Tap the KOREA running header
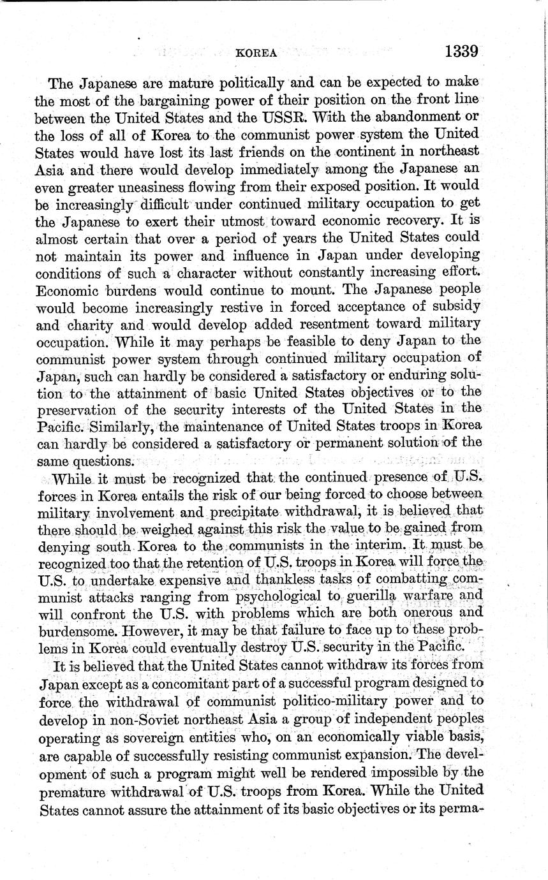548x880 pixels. tap(256, 54)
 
